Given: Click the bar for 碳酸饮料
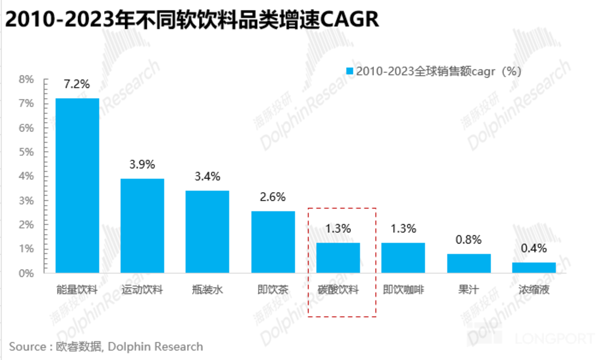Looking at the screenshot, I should pyautogui.click(x=338, y=257).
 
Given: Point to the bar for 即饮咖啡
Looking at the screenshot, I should pyautogui.click(x=403, y=257).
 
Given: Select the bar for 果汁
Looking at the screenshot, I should pyautogui.click(x=469, y=263).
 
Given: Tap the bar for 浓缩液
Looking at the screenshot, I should pyautogui.click(x=534, y=267).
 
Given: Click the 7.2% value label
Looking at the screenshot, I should pyautogui.click(x=77, y=84).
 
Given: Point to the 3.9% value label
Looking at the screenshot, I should pyautogui.click(x=142, y=164).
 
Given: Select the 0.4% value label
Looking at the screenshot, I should pyautogui.click(x=534, y=248).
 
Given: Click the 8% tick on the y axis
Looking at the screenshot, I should pyautogui.click(x=26, y=79).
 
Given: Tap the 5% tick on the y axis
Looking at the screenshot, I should pyautogui.click(x=26, y=152).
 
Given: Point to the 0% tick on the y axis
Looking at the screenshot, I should pyautogui.click(x=26, y=273).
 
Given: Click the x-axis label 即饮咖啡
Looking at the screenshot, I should pyautogui.click(x=403, y=290).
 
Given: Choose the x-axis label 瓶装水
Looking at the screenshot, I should pyautogui.click(x=207, y=290).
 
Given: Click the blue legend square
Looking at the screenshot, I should pyautogui.click(x=349, y=71).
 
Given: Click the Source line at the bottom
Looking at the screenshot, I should pyautogui.click(x=106, y=346).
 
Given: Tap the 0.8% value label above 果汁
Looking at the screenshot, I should pyautogui.click(x=469, y=240).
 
